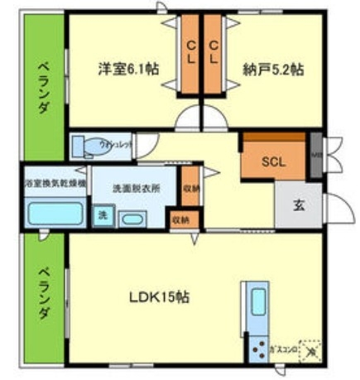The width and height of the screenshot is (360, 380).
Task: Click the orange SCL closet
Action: coord(272,161)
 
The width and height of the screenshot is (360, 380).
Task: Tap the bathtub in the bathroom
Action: coord(55,214)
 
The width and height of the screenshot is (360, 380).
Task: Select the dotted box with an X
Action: coord(310,349)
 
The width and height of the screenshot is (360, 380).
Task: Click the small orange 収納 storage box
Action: coord(180,219)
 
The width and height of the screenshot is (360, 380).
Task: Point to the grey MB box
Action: coord(316,156)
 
